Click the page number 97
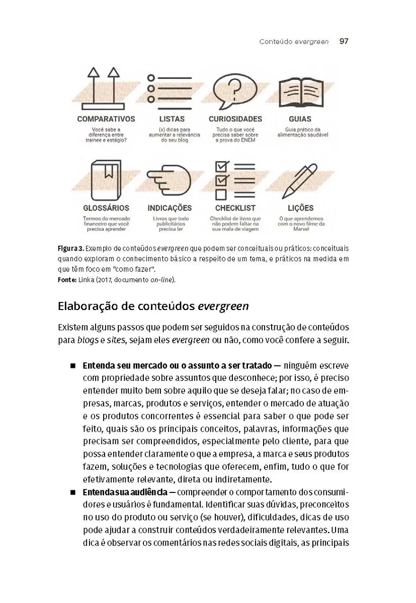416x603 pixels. click(344, 42)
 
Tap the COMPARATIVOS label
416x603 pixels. click(106, 119)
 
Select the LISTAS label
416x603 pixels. click(172, 119)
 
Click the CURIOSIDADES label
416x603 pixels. click(235, 119)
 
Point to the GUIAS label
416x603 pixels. click(300, 119)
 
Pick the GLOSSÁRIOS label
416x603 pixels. click(106, 208)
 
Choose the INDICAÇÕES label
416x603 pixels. click(170, 208)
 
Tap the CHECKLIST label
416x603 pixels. click(235, 208)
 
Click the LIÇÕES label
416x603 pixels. click(300, 208)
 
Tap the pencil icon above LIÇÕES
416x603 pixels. click(299, 180)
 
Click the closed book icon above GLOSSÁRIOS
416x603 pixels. click(106, 179)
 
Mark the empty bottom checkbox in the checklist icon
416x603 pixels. click(220, 194)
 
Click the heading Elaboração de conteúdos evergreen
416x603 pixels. click(153, 306)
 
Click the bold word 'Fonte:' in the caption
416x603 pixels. click(67, 279)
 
